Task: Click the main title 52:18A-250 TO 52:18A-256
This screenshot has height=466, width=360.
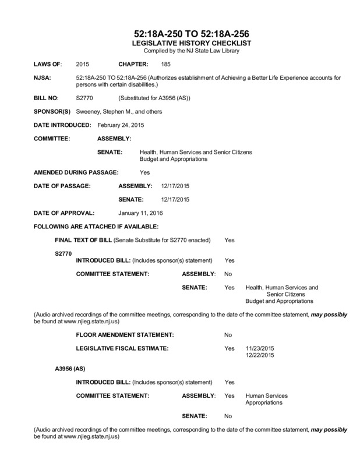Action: (180, 34)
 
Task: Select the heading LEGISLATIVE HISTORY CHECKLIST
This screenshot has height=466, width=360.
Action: (180, 44)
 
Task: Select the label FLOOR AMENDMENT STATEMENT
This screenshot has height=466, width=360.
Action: (125, 334)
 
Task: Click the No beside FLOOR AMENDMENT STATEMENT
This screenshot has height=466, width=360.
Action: (228, 334)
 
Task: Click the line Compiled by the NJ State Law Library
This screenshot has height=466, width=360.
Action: (180, 51)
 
